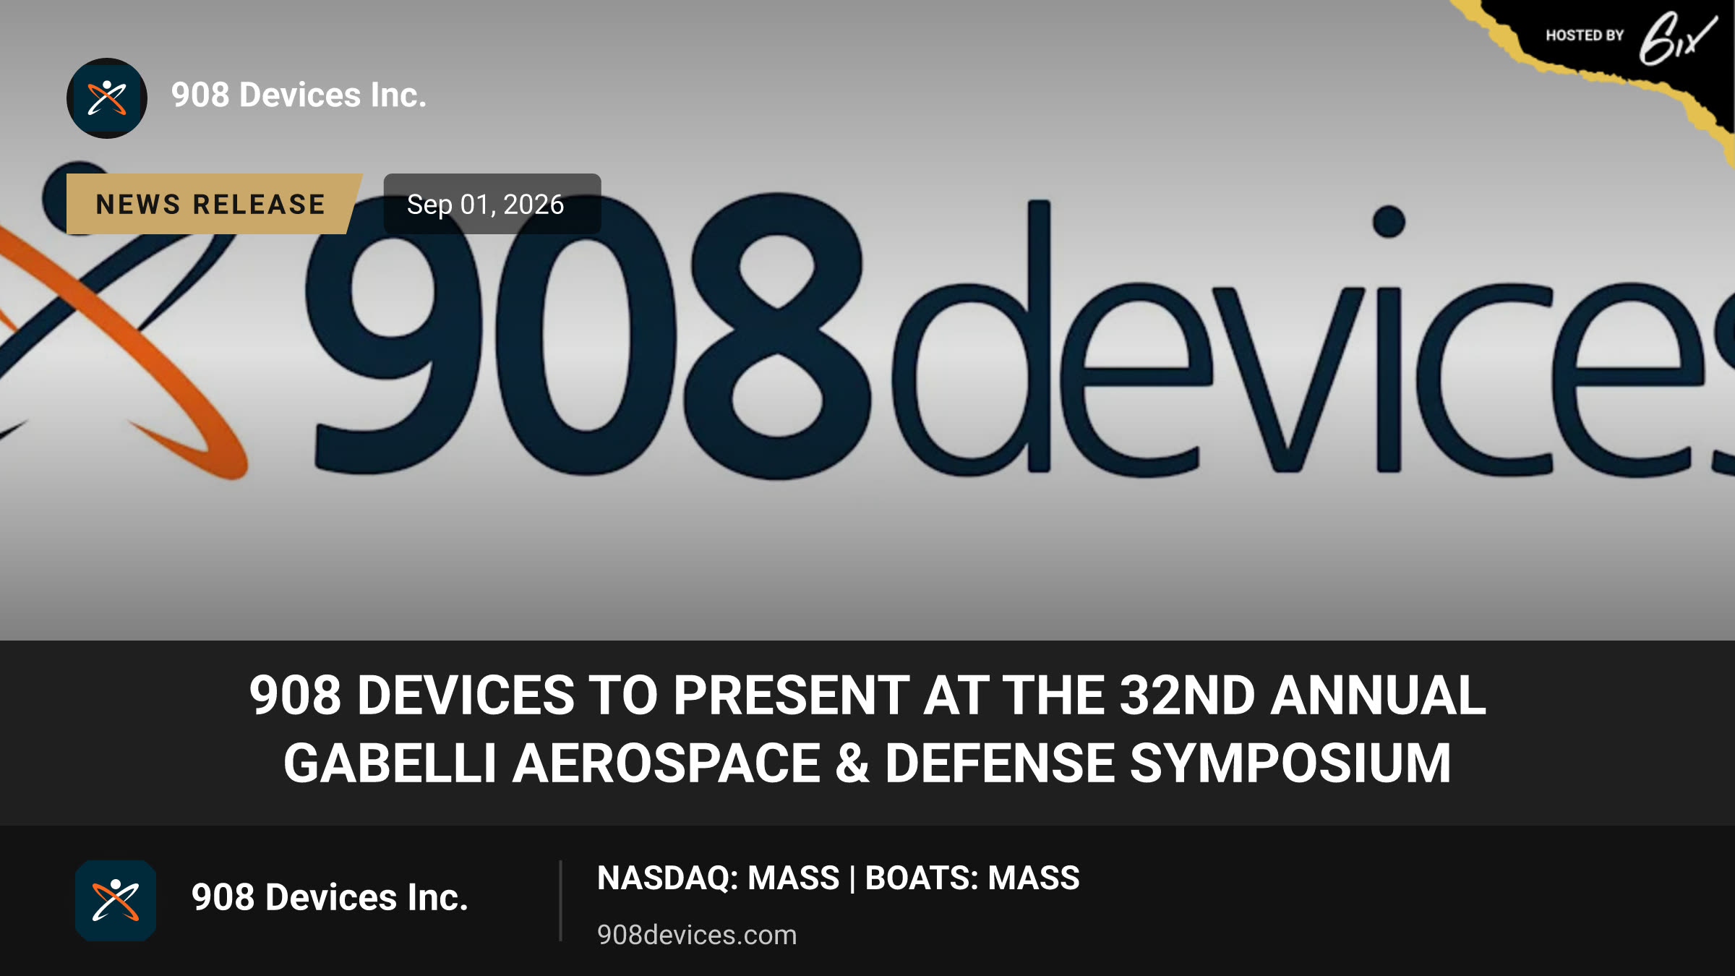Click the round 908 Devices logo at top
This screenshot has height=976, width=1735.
107,98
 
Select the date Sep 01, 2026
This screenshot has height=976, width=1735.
485,205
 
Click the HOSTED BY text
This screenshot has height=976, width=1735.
1585,35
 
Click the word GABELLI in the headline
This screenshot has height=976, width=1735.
390,763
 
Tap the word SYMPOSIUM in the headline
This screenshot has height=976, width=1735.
1290,763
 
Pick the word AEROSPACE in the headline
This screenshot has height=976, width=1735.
667,763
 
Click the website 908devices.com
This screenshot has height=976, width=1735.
697,935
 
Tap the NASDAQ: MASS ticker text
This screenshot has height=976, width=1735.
718,878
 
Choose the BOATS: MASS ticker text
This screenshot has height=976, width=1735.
972,878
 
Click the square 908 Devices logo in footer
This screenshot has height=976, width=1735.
116,901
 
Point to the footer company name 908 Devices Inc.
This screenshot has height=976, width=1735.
330,898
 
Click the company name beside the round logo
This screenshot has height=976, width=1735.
299,95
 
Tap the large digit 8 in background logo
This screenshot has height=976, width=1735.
777,336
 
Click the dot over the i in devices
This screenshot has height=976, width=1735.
1389,221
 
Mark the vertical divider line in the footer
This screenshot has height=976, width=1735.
560,901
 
